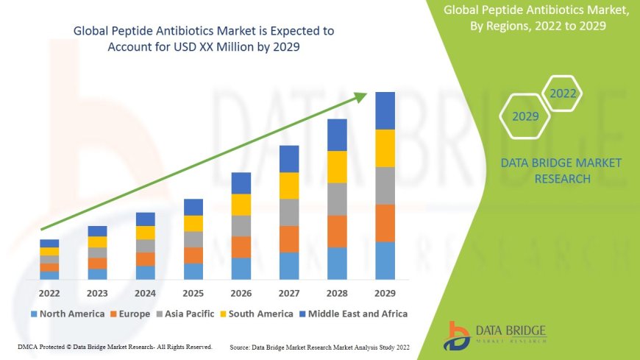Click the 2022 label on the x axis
49,292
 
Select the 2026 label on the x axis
241,292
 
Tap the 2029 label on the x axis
385,292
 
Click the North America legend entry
67,314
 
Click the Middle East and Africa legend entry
353,314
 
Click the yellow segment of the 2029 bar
385,148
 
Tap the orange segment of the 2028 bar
337,231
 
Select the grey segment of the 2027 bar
289,212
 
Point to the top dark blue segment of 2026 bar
241,183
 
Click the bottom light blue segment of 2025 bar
193,272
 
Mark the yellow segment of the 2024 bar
146,233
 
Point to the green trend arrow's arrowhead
361,96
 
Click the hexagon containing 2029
525,116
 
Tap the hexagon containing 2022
563,93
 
